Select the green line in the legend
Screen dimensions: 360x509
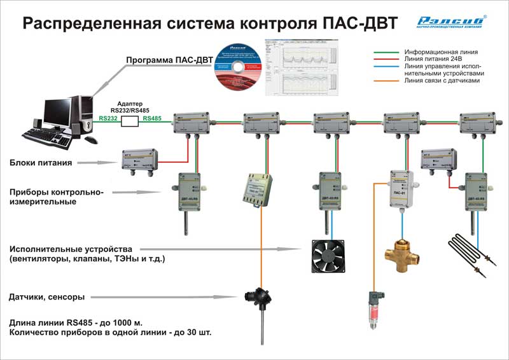386,52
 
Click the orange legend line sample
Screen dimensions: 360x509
386,81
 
